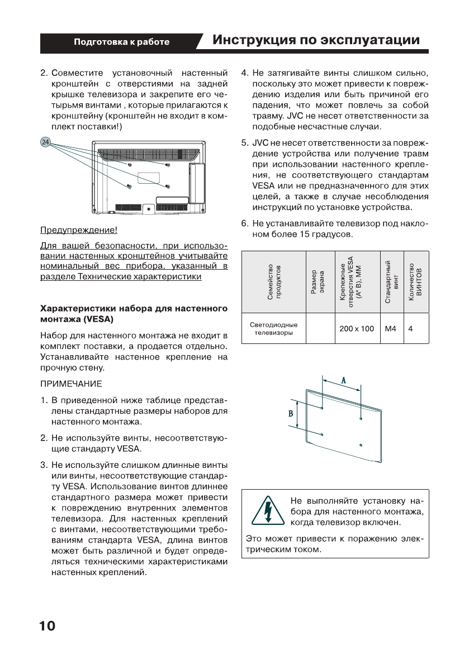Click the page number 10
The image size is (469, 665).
(x=48, y=626)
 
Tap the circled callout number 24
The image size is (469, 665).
(x=45, y=142)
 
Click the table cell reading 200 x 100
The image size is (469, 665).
(x=357, y=329)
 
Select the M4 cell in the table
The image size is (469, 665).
(x=391, y=329)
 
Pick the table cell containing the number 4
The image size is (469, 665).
(x=410, y=329)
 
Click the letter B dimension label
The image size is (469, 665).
(x=291, y=414)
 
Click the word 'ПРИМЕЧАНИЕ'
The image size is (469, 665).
(x=71, y=384)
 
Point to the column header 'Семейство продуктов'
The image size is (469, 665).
(x=273, y=282)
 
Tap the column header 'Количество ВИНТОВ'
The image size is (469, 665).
(x=414, y=282)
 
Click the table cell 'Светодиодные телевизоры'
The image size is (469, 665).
(x=273, y=329)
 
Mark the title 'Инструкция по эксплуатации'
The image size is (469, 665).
(x=316, y=41)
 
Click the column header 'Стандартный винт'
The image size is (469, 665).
(x=391, y=282)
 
